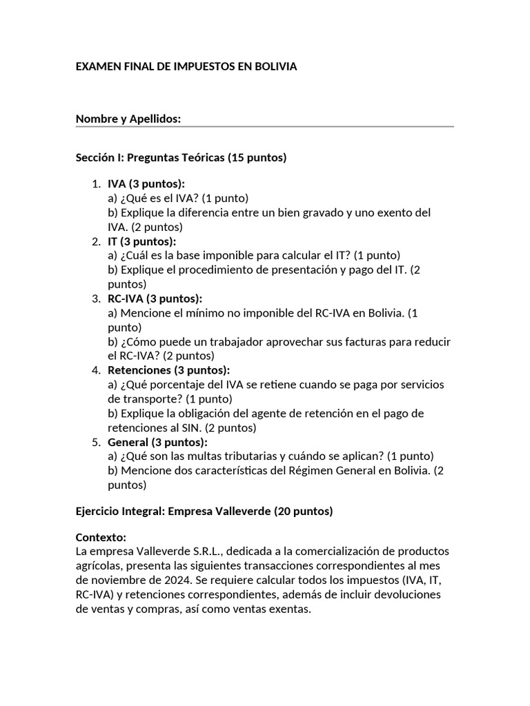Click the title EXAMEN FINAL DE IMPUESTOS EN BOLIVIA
coord(186,67)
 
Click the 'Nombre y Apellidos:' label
coord(128,119)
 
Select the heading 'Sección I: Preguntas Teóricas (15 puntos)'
coord(181,158)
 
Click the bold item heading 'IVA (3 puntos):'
coord(146,184)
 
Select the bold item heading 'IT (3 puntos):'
coord(142,241)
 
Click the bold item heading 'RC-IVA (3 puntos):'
coord(155,299)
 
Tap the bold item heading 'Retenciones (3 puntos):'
coord(169,370)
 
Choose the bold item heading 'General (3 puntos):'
coord(157,442)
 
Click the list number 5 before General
coord(95,442)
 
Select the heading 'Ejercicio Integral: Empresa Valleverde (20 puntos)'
coord(204,511)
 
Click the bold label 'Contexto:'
coord(101,537)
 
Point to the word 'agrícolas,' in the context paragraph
coord(98,566)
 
